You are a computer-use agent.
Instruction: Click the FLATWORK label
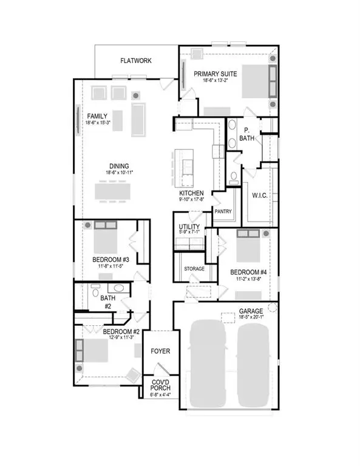(x=135, y=61)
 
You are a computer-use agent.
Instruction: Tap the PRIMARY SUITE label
(x=216, y=74)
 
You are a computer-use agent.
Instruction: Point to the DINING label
(x=119, y=167)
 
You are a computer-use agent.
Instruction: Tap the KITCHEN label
(x=191, y=194)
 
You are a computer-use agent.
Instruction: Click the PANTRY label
(x=223, y=211)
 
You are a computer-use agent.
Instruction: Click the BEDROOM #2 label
(x=121, y=332)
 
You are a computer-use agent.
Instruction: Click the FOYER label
(x=161, y=351)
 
